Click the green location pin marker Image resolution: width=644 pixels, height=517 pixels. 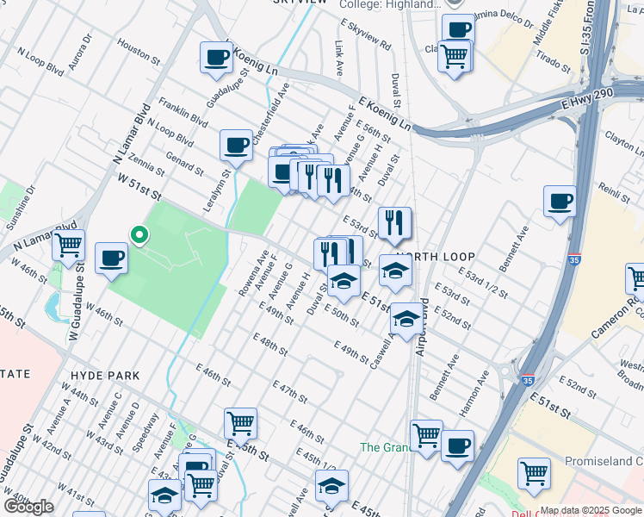[138, 234]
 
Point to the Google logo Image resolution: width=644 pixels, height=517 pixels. [28, 507]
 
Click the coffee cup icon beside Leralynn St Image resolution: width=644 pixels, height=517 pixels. [236, 146]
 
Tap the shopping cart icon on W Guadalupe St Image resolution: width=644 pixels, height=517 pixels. [68, 244]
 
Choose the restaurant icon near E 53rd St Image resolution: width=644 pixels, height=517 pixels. [394, 223]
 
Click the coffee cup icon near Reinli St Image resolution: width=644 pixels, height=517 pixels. [560, 202]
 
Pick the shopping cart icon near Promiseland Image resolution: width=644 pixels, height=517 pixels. [534, 473]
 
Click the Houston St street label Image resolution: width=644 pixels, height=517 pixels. [139, 53]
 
